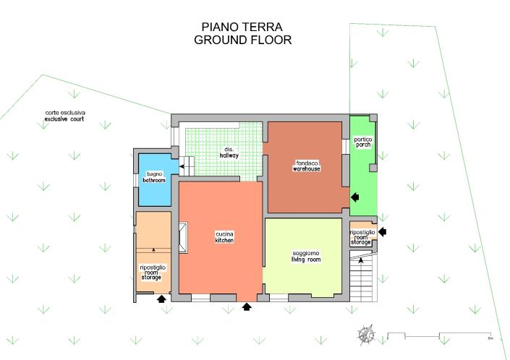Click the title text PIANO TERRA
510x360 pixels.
[242, 27]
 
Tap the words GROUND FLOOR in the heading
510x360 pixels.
[242, 40]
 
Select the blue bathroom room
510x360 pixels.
[155, 180]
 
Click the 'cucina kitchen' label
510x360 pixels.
[224, 237]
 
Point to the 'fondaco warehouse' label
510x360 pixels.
[307, 166]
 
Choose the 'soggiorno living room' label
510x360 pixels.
[306, 257]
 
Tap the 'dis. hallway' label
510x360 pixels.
[229, 153]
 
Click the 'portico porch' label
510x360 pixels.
[363, 142]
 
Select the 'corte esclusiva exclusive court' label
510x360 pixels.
[64, 116]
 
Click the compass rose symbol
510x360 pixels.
[366, 335]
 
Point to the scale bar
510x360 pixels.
[439, 336]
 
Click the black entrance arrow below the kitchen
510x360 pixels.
[247, 307]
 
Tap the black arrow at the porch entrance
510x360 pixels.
[355, 197]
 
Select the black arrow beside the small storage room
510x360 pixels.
[382, 231]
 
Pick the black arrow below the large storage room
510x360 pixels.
[161, 299]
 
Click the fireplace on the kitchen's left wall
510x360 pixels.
[183, 238]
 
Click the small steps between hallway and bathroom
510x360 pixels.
[187, 166]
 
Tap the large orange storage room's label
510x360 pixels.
[153, 273]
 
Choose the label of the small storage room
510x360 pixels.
[362, 237]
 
